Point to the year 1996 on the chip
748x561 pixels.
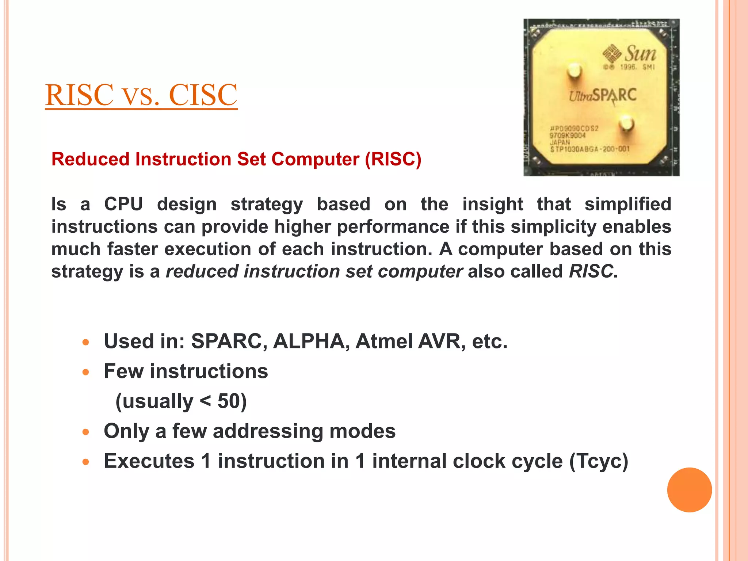coord(628,67)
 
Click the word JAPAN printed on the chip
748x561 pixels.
coord(560,142)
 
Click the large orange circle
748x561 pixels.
coord(689,490)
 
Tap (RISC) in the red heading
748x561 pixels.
coord(393,159)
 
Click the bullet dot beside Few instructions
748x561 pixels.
coord(86,372)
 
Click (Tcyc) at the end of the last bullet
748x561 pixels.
coord(599,461)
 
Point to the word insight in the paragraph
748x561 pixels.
coord(492,204)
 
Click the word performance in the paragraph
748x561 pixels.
coord(393,226)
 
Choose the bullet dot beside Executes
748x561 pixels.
coord(86,462)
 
